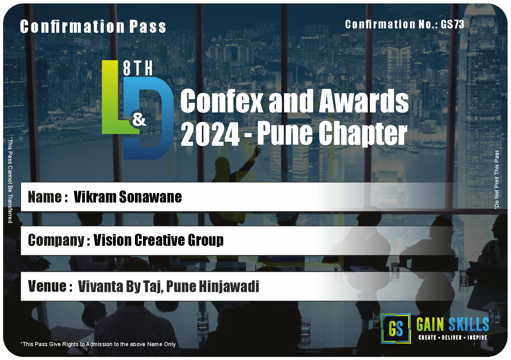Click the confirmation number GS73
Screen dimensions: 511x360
tap(452, 24)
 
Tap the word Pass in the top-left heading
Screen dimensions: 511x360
tap(148, 27)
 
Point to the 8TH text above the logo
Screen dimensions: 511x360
tap(138, 68)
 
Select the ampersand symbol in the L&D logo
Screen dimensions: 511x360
tap(139, 119)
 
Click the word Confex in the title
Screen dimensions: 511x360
tap(221, 101)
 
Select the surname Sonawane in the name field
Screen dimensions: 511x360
tap(151, 197)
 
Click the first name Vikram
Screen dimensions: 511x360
tap(95, 197)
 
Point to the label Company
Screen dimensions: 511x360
tap(56, 240)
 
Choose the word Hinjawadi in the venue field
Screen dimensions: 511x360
tap(229, 287)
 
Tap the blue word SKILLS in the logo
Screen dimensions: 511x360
tap(469, 324)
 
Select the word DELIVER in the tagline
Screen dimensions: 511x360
tap(452, 337)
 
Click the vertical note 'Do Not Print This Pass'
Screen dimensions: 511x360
tap(496, 180)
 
